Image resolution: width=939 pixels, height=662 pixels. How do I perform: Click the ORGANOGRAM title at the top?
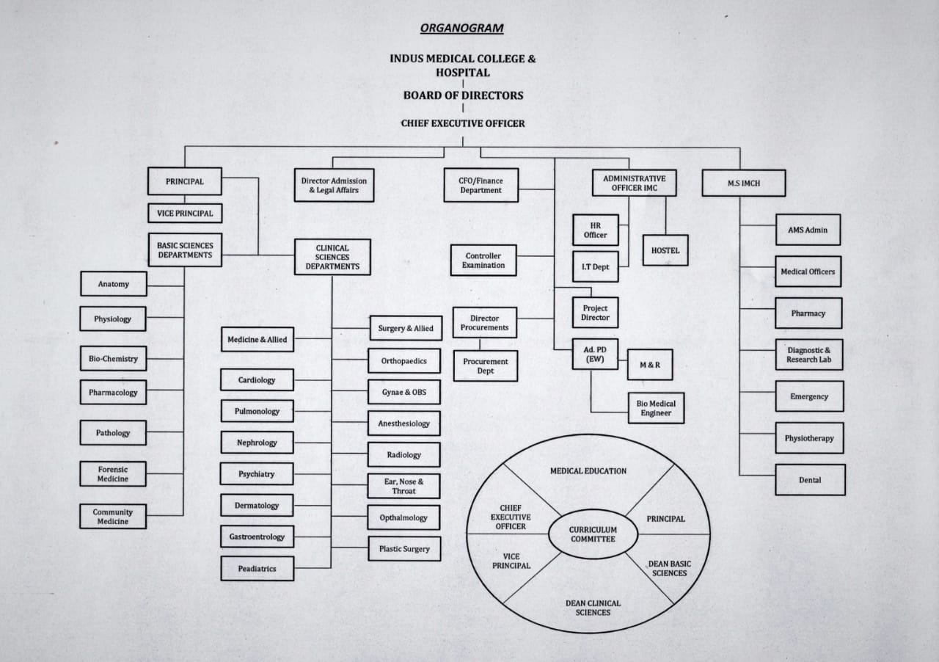tap(461, 29)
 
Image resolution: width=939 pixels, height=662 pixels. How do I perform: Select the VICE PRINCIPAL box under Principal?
tap(185, 214)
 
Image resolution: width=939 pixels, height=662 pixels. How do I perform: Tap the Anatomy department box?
tap(114, 284)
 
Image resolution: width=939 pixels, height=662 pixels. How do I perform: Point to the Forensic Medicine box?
tap(113, 474)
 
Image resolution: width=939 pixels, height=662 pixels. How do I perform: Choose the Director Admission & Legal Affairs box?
tap(334, 185)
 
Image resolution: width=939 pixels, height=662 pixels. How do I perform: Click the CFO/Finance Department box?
tap(481, 185)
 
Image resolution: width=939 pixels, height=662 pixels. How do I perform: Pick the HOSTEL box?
tap(665, 250)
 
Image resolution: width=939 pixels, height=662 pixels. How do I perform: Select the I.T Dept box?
tap(595, 267)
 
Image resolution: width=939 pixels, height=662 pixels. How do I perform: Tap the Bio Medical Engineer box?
tap(656, 408)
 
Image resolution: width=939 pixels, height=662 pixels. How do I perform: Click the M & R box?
tap(650, 365)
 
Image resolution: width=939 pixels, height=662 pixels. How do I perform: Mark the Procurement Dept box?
tap(486, 366)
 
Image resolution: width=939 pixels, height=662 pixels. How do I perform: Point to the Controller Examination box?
tap(483, 261)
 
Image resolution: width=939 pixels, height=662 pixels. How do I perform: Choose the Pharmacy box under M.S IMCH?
tap(808, 313)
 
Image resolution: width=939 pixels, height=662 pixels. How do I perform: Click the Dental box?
tap(810, 480)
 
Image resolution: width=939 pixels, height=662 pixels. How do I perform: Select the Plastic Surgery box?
tap(404, 549)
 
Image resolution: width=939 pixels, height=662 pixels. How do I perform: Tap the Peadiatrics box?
tap(257, 569)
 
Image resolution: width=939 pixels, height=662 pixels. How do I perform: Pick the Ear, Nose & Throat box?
tap(404, 486)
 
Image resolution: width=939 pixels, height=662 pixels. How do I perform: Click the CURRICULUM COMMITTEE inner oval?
tap(593, 534)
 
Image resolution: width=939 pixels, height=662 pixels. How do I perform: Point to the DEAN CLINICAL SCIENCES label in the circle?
tap(593, 608)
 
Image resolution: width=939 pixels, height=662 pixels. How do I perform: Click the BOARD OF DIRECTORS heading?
tap(463, 95)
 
